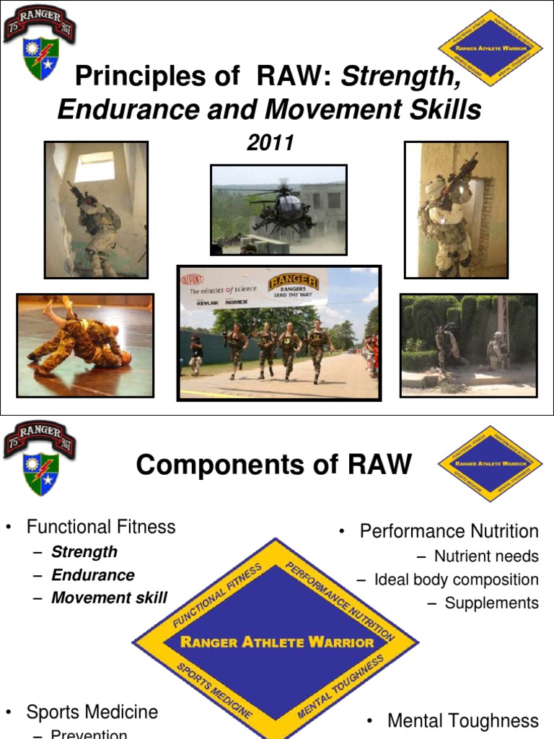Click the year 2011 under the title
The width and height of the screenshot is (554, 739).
coord(270,143)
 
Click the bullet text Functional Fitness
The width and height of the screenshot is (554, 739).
coord(100,527)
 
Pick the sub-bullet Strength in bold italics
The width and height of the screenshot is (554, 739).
coord(84,551)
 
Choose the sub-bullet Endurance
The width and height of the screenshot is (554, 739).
coord(92,575)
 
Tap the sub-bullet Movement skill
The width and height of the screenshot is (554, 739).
coord(109,598)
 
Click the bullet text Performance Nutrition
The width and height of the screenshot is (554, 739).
coord(449,532)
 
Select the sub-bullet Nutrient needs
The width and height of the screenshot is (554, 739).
coord(486,556)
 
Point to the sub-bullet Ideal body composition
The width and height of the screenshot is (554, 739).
coord(456,580)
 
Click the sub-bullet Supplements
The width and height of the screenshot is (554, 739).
coord(491,603)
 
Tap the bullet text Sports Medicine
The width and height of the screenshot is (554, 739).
coord(92,712)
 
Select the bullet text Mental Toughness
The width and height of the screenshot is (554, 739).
coord(462,720)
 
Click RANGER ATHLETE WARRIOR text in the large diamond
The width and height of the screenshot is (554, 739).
coord(277,642)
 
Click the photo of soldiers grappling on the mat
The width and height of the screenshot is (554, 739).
coord(85,345)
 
